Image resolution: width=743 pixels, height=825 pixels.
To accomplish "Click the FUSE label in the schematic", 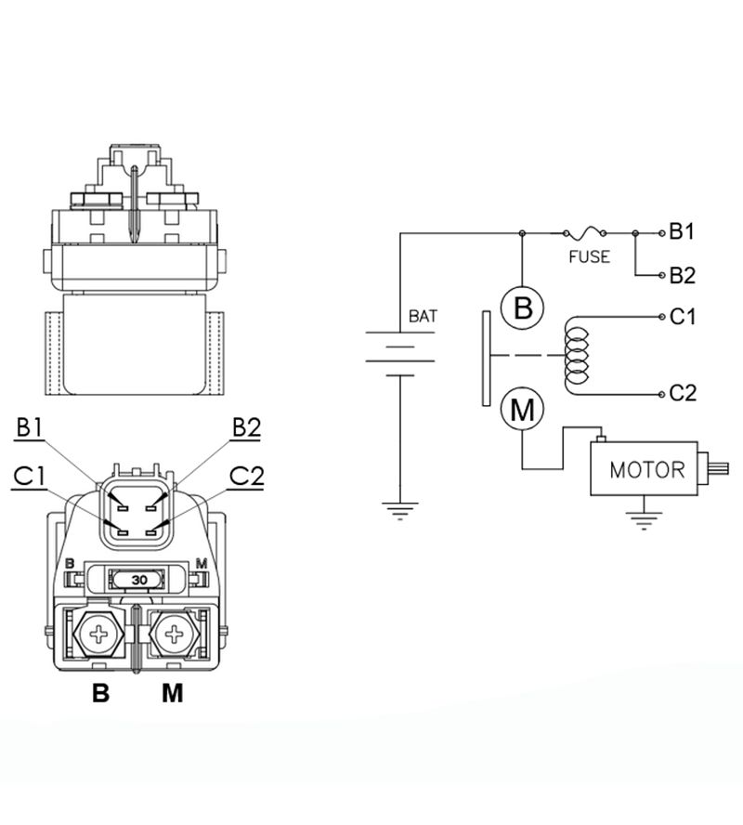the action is (x=589, y=256).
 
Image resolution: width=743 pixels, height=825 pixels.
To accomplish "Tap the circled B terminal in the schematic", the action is (x=522, y=307).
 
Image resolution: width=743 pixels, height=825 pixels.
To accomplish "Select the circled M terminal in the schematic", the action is (x=522, y=409).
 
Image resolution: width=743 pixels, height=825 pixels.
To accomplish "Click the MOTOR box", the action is (x=644, y=468).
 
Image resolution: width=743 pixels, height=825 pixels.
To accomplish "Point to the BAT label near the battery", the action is (x=423, y=316).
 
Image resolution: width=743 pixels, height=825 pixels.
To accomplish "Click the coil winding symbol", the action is (x=576, y=355).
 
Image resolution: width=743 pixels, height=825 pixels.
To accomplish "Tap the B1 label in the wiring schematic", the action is (x=682, y=231).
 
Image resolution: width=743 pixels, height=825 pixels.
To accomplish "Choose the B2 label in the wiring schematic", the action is (x=682, y=275).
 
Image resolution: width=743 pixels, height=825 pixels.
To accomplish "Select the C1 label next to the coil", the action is (x=682, y=317).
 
